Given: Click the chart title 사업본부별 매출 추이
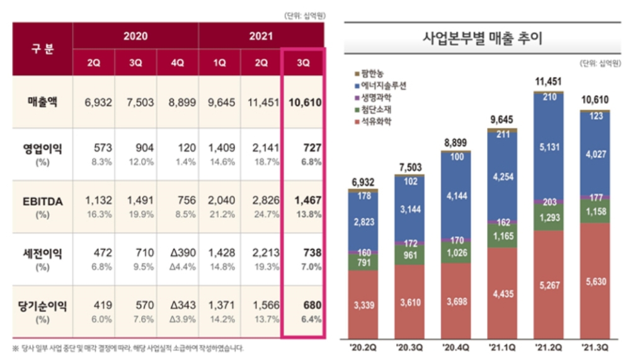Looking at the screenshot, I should pyautogui.click(x=483, y=39).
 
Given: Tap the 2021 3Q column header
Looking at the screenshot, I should pyautogui.click(x=302, y=63).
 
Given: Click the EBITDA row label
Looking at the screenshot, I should pyautogui.click(x=42, y=200).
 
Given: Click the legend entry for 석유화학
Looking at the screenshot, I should pyautogui.click(x=375, y=122).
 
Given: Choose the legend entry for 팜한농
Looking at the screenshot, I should pyautogui.click(x=372, y=73).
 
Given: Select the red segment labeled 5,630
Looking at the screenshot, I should pyautogui.click(x=595, y=281).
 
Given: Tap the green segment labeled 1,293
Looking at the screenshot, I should pyautogui.click(x=548, y=218).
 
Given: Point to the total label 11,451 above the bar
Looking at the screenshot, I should pyautogui.click(x=548, y=81).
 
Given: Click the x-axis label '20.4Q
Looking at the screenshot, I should pyautogui.click(x=455, y=346).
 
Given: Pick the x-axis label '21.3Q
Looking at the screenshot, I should pyautogui.click(x=595, y=346).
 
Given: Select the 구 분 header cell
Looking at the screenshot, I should pyautogui.click(x=42, y=49).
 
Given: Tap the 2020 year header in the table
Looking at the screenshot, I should pyautogui.click(x=135, y=36).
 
